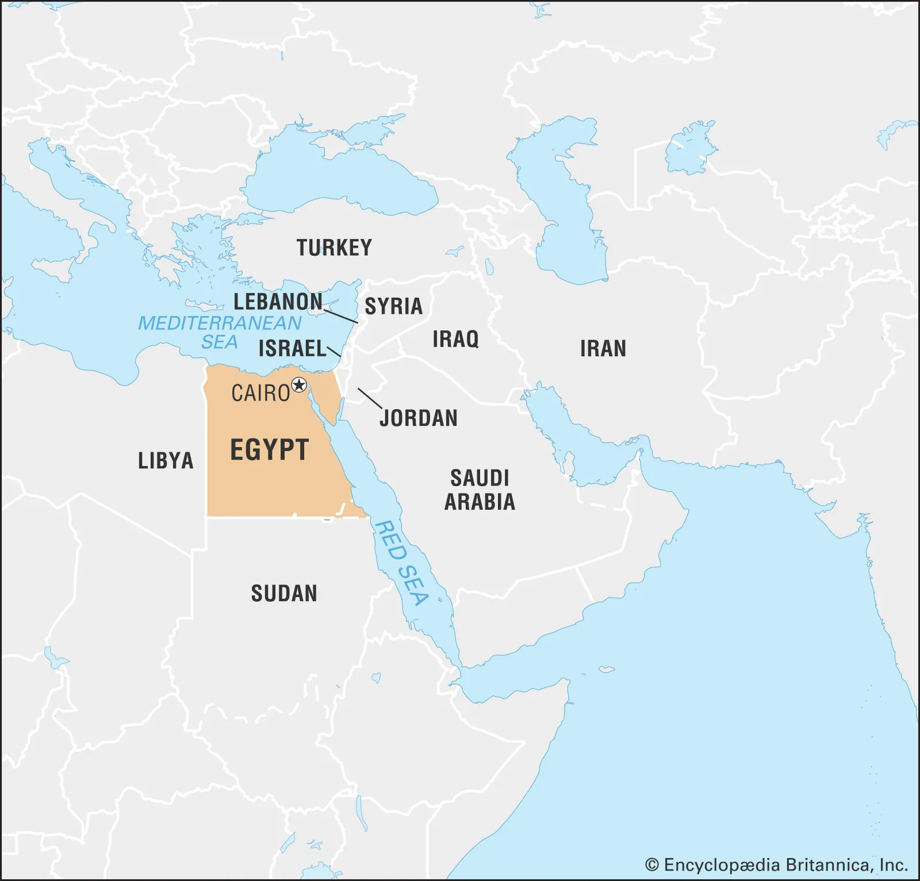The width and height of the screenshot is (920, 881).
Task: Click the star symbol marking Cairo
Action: click(x=299, y=385)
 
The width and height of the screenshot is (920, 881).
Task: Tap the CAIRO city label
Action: click(x=260, y=394)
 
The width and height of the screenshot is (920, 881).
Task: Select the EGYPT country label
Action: click(x=270, y=450)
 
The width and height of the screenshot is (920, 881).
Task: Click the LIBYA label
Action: click(x=166, y=461)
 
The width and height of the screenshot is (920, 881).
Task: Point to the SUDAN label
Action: click(x=284, y=594)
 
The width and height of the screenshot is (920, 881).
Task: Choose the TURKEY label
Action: click(x=334, y=248)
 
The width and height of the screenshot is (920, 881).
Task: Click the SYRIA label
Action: click(x=393, y=306)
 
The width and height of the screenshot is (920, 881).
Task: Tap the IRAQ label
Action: click(x=455, y=339)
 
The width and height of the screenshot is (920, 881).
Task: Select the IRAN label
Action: click(x=603, y=349)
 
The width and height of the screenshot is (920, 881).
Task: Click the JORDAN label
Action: click(x=419, y=418)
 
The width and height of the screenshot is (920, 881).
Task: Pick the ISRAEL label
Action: click(x=292, y=349)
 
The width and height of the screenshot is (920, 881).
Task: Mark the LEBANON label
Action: click(x=278, y=302)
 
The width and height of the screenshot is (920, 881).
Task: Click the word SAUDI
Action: click(x=480, y=478)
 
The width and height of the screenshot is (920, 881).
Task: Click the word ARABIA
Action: click(x=480, y=502)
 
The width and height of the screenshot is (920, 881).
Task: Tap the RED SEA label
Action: click(x=401, y=563)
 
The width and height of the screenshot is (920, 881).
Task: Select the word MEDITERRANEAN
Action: click(x=220, y=324)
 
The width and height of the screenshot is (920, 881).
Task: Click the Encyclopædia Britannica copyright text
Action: click(x=776, y=865)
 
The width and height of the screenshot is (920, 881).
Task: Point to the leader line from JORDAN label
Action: click(x=370, y=398)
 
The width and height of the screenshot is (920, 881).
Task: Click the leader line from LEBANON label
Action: click(x=341, y=316)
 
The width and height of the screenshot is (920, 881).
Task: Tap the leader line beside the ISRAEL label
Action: click(x=334, y=352)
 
